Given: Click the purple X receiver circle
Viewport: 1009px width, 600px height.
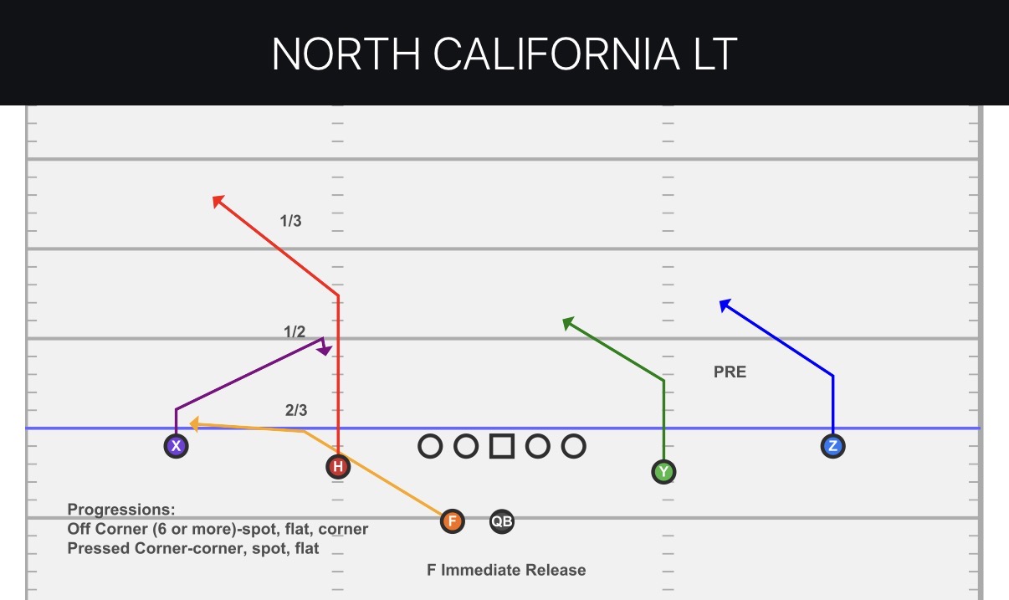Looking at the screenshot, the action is (x=177, y=446).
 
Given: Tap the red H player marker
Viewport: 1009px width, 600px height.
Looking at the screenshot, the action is (x=338, y=467).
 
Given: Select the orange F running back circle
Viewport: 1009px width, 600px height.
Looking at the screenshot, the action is (x=453, y=521).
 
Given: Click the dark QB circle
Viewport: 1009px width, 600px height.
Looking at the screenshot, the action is (x=502, y=521).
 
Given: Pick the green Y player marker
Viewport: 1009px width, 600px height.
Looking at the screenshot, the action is (x=663, y=472).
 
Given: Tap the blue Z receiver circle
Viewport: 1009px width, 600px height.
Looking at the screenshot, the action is (x=832, y=446).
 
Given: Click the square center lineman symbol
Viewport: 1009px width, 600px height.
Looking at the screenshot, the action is (x=502, y=446).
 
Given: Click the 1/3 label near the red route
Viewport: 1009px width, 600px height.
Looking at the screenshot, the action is (x=290, y=221).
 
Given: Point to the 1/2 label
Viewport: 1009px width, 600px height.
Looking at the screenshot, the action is (x=295, y=331).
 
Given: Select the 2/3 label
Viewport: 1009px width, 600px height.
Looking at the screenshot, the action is (x=296, y=410).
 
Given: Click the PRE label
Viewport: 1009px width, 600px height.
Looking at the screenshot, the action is (x=730, y=372).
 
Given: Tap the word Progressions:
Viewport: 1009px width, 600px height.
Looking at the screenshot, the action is (x=121, y=510).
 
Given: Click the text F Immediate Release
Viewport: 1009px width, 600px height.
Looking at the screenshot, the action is (x=506, y=570).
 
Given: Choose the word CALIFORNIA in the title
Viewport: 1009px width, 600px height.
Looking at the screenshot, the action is (x=556, y=54).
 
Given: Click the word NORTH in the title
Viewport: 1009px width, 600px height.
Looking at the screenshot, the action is (x=346, y=54).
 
